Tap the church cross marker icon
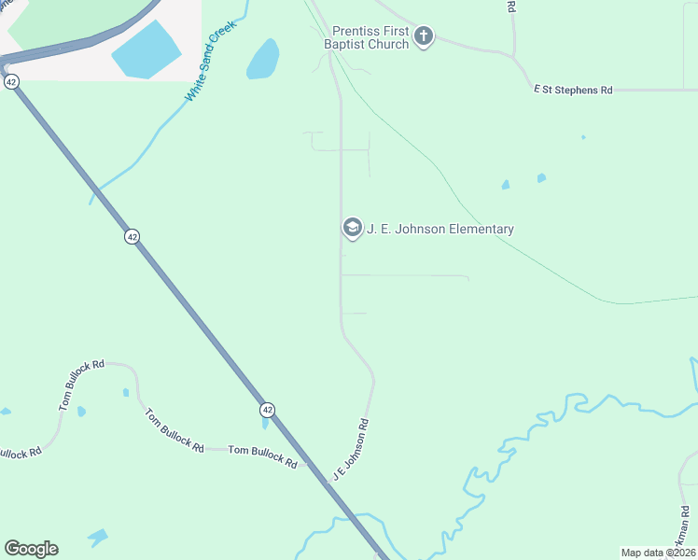[424, 37]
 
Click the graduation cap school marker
[352, 227]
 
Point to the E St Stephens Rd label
[573, 90]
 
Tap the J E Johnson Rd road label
[351, 450]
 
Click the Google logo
[31, 549]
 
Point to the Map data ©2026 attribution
[658, 552]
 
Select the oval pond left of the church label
[263, 59]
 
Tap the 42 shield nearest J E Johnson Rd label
[267, 410]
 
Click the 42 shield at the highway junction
[10, 82]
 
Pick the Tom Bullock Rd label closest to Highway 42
[262, 456]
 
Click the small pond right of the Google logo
[97, 538]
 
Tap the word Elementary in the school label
[480, 229]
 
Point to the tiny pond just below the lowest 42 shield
[265, 425]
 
